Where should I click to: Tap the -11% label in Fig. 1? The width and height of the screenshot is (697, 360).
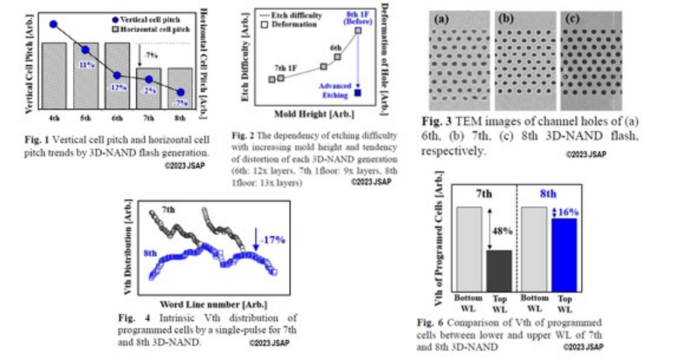(x=85, y=65)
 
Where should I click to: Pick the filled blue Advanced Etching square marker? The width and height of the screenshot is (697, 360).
(x=358, y=94)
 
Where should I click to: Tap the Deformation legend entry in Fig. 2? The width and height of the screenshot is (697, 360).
(x=294, y=25)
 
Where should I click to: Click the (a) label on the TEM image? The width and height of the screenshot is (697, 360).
(x=443, y=19)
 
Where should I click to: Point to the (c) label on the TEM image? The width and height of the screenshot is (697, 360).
(x=572, y=19)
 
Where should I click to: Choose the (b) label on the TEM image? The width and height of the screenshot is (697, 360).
(x=507, y=19)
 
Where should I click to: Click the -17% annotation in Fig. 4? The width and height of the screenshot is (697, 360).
(x=271, y=239)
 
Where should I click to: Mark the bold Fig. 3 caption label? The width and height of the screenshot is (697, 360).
(x=438, y=121)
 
